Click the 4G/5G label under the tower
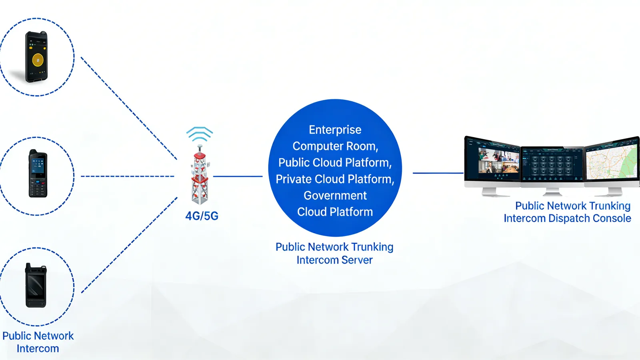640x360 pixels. coord(202,216)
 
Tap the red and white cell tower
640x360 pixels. coord(200,176)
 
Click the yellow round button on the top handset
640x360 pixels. coord(38,60)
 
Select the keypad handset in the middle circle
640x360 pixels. coord(38,174)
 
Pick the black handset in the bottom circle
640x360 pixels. coord(36,286)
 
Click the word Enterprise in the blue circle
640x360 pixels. coord(335,130)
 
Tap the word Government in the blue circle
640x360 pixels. coord(335,196)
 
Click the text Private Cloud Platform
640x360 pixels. coord(335,179)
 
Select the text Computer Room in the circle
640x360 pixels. coord(335,146)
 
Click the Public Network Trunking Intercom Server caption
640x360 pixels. coord(334,253)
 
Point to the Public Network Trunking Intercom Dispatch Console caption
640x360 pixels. coord(568,212)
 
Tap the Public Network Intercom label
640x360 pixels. coord(38,342)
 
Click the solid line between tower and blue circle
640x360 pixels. coord(238,176)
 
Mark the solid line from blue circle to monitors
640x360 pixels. coord(438,173)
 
